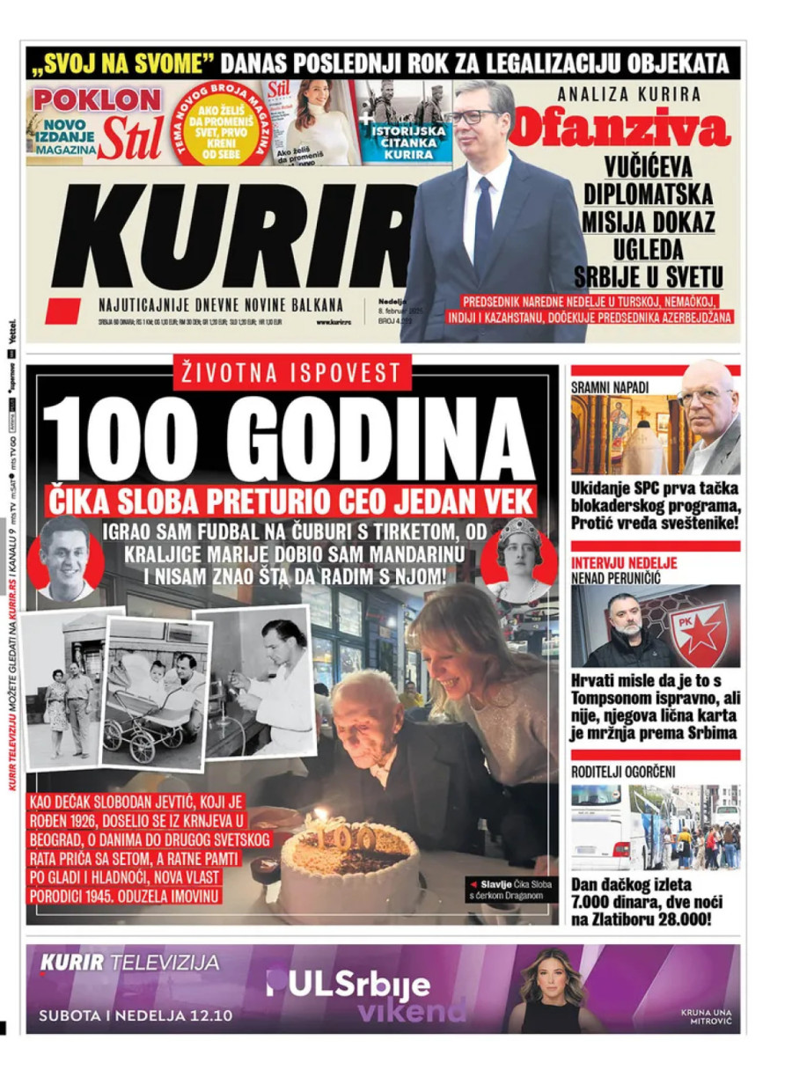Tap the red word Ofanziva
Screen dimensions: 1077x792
tap(620, 128)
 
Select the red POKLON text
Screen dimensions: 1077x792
tap(97, 99)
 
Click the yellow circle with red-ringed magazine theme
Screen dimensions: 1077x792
tap(218, 123)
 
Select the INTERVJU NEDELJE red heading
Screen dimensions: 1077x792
tap(625, 563)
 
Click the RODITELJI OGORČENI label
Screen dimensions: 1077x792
tap(623, 772)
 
